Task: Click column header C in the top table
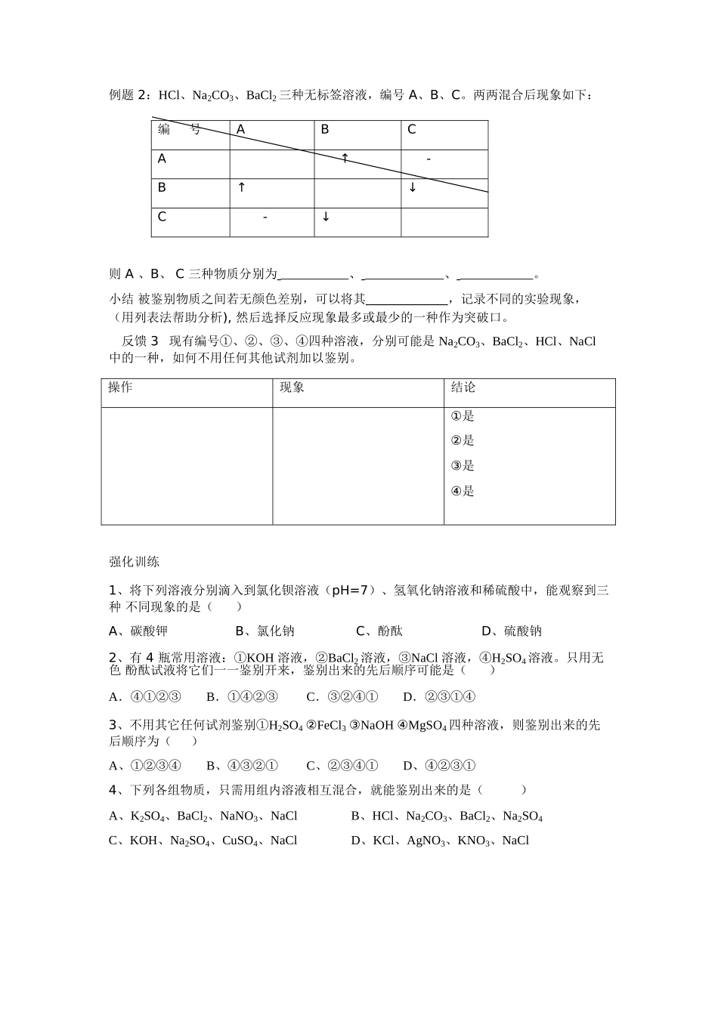[x=412, y=130]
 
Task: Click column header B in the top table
[x=325, y=130]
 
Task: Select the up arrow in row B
[x=241, y=187]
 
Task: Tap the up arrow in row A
[x=345, y=159]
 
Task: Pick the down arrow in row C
[x=326, y=217]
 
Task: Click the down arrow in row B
[x=413, y=187]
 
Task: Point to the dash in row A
[x=429, y=159]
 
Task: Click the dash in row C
[x=265, y=217]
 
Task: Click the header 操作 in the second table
[x=120, y=387]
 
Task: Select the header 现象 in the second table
[x=292, y=387]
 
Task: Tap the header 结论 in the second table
[x=463, y=387]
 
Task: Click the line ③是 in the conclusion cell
[x=463, y=466]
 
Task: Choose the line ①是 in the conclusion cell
[x=463, y=416]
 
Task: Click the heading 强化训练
[x=134, y=562]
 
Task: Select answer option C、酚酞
[x=379, y=631]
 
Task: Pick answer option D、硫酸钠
[x=512, y=631]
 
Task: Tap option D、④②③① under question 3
[x=439, y=766]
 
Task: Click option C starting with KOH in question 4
[x=203, y=841]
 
